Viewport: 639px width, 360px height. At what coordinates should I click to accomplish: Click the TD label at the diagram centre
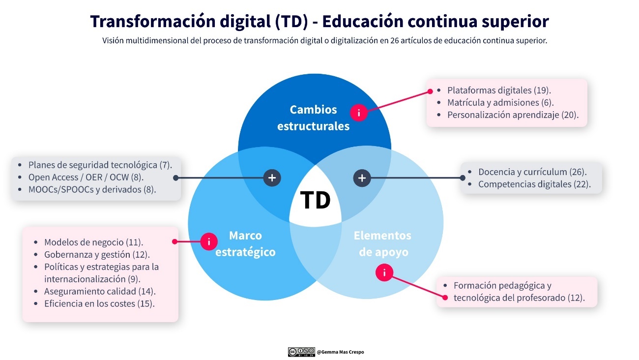click(315, 200)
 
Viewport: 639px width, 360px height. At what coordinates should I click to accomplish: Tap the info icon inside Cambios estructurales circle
click(359, 113)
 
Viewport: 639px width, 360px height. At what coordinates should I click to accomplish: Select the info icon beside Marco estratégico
click(209, 241)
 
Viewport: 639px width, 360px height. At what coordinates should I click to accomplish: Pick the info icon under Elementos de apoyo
click(384, 272)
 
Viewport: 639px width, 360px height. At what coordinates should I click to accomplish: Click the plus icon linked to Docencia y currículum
click(362, 178)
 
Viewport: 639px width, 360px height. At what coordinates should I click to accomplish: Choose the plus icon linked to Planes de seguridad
click(272, 178)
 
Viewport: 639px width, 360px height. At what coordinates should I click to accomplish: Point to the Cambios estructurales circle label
click(313, 118)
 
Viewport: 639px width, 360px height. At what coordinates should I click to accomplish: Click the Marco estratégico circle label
click(245, 243)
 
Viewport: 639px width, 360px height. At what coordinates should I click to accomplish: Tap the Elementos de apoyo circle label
click(383, 243)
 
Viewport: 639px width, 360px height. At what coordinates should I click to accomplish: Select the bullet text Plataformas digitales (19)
click(499, 90)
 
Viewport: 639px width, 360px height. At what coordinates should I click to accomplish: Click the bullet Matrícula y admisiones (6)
click(500, 103)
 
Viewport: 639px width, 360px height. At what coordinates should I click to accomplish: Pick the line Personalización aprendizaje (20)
click(513, 115)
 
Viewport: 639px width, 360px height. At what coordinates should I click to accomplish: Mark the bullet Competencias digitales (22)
click(534, 184)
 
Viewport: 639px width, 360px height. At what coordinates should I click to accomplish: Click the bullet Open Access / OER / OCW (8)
click(86, 177)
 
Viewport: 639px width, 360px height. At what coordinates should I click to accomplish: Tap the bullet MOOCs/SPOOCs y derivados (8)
click(92, 189)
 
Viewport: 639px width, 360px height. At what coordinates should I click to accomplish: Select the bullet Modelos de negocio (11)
click(93, 242)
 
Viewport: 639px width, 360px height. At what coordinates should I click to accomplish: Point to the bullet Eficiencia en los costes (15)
click(99, 303)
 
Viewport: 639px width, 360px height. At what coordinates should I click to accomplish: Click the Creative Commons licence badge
click(301, 352)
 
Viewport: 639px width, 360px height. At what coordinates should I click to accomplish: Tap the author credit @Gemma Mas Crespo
click(341, 352)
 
